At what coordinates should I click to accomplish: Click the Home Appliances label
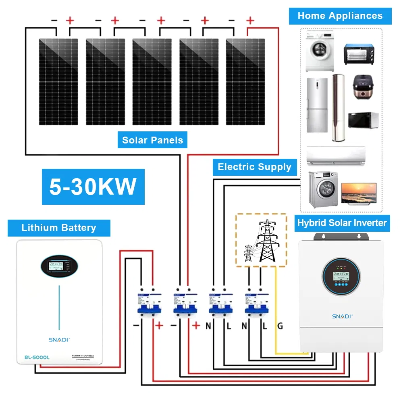click(x=340, y=16)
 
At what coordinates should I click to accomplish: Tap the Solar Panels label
click(x=152, y=140)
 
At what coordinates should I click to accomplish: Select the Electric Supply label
click(x=254, y=167)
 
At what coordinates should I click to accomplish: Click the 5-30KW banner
click(x=93, y=187)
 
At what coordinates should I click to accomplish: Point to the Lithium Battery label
click(x=59, y=228)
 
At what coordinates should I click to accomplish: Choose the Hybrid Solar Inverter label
click(x=342, y=223)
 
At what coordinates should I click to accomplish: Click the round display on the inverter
click(x=341, y=276)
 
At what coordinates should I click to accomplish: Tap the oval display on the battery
click(x=59, y=266)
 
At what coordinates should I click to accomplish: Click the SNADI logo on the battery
click(x=59, y=339)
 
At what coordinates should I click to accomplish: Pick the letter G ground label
click(x=280, y=326)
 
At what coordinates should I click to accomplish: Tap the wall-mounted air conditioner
click(x=335, y=156)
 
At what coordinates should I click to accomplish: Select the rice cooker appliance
click(x=362, y=87)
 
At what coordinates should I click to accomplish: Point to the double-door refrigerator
click(x=317, y=105)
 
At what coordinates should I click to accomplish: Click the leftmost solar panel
click(x=58, y=82)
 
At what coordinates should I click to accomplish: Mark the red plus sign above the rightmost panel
click(x=250, y=20)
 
